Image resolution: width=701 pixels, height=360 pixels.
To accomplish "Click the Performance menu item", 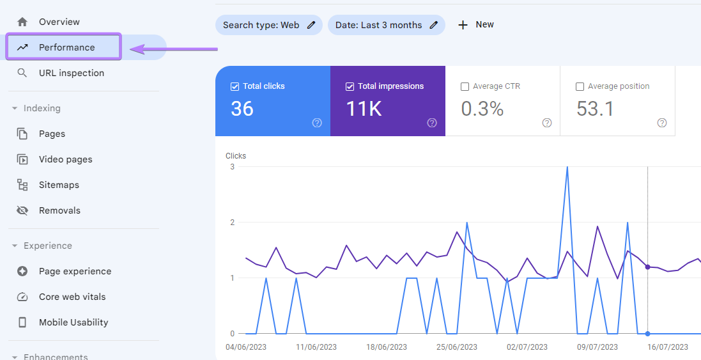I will click(x=66, y=47).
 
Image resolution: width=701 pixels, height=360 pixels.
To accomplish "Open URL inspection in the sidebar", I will click(x=71, y=73).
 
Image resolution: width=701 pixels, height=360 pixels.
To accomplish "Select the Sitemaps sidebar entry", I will click(x=59, y=185).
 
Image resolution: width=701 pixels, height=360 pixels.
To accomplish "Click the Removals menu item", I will click(x=59, y=210).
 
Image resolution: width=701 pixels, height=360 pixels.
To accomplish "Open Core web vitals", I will click(x=72, y=297).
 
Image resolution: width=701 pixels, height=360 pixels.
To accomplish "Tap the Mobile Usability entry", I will click(x=73, y=322).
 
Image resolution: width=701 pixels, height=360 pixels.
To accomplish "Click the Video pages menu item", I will click(x=65, y=159).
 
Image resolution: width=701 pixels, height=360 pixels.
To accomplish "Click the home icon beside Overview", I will click(x=22, y=22).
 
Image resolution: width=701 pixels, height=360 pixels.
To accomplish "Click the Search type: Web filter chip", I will click(x=261, y=25).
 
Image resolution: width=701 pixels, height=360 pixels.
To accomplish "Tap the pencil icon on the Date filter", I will click(x=434, y=25).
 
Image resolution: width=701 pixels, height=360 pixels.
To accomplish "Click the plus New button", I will click(x=476, y=25).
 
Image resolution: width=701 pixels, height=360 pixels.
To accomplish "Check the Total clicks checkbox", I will click(x=235, y=86).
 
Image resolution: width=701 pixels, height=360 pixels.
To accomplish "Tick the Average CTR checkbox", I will click(x=465, y=86).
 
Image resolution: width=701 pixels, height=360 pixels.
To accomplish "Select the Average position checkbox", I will click(x=580, y=86).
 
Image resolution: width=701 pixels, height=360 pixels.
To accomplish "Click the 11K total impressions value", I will click(x=364, y=109).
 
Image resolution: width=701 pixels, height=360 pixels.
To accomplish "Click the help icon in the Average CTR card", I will click(x=547, y=123).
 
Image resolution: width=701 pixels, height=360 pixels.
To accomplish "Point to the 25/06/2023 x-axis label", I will click(x=456, y=347).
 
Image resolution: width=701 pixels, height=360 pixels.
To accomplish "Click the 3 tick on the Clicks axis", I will click(x=232, y=167).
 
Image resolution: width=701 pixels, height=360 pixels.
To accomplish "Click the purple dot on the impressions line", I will click(x=647, y=267).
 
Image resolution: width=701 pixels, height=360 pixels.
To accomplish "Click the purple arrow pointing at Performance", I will click(x=173, y=49).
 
